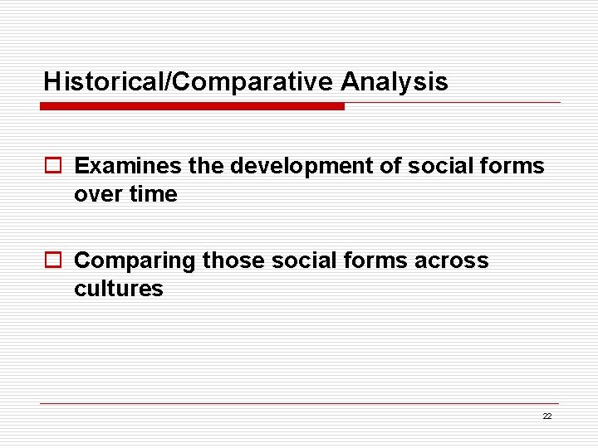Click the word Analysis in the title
click(394, 82)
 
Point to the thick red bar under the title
click(192, 106)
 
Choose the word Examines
click(128, 166)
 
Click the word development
click(301, 166)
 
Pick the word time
click(154, 194)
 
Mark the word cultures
click(119, 289)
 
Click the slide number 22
click(547, 416)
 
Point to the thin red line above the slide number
click(299, 404)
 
